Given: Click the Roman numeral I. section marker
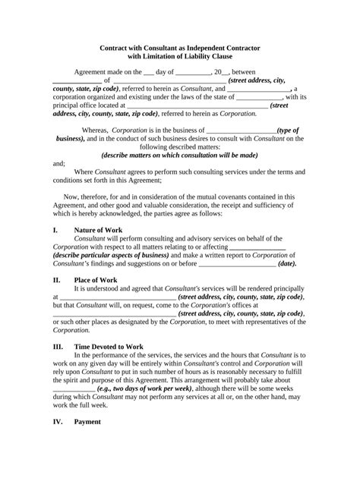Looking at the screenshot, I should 55,229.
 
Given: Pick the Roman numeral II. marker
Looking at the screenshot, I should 57,280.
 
